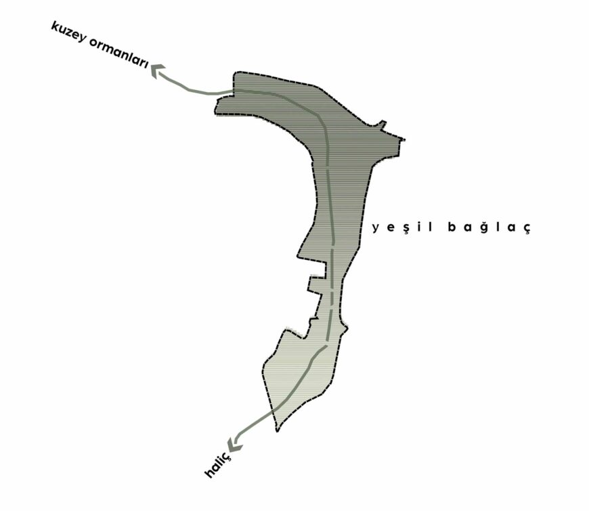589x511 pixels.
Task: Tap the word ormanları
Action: [x=118, y=53]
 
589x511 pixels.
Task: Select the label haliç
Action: [x=217, y=464]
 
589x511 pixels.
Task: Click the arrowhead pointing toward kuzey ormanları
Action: [x=158, y=70]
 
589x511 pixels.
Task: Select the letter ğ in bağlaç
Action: [x=485, y=227]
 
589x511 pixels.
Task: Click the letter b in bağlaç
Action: [x=452, y=227]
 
